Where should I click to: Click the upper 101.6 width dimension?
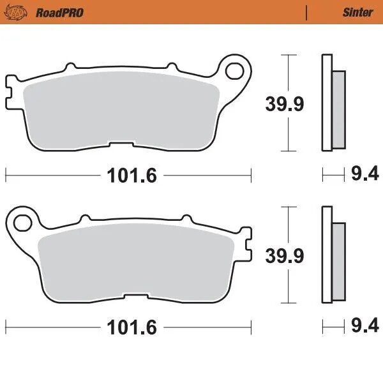click(128, 175)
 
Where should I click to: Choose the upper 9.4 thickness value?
click(365, 174)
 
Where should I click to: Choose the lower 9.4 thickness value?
click(365, 327)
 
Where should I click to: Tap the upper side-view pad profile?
click(332, 104)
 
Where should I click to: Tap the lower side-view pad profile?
click(332, 257)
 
